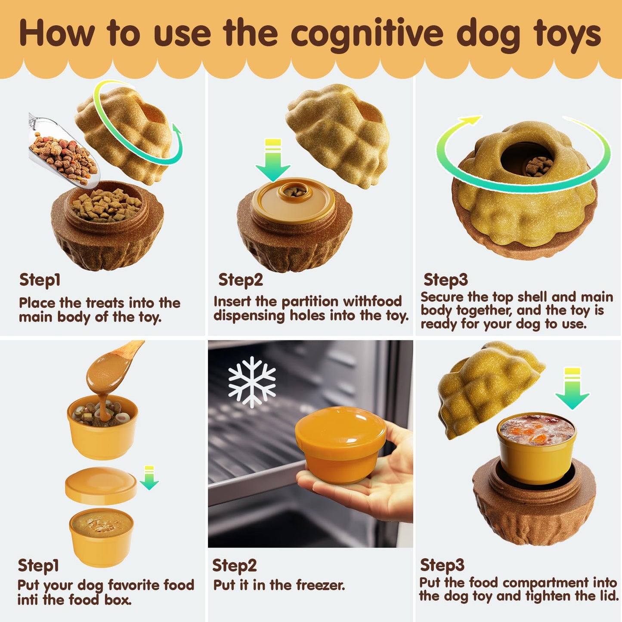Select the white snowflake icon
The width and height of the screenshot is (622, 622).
coord(252,382)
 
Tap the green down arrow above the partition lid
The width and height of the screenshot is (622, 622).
coord(272,161)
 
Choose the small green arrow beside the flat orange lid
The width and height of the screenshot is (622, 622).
coord(149,478)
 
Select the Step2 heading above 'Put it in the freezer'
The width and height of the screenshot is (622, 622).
coord(234,565)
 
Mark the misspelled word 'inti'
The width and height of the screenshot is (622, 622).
coord(28,600)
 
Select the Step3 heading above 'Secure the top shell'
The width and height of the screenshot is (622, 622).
coord(445,280)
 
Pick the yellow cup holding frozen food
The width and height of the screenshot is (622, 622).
coord(535,443)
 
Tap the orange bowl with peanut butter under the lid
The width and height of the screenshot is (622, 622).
coord(102,536)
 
